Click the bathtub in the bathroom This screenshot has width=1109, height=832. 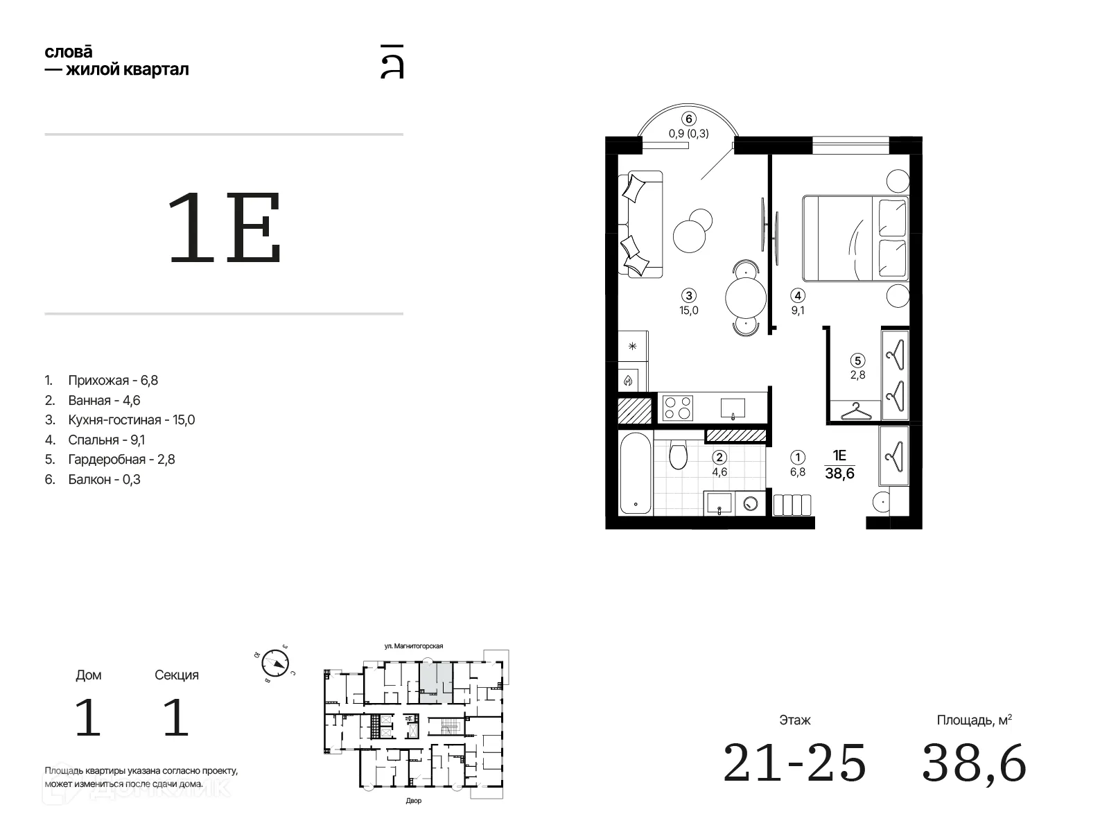tap(635, 473)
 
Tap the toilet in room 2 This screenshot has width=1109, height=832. tap(678, 454)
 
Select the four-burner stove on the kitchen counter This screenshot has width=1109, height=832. tap(677, 408)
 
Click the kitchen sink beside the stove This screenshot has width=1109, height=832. tap(733, 408)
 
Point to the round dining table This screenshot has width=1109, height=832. tap(746, 298)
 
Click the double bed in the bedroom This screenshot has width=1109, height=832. tap(855, 238)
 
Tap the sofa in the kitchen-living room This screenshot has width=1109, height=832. tap(640, 224)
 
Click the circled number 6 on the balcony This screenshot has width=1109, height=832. tap(688, 119)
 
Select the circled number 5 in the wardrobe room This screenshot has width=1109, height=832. tap(857, 361)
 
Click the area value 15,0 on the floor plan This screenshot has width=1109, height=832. tap(689, 310)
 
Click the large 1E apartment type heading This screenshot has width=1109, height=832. tap(225, 228)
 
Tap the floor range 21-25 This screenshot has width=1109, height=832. tap(795, 763)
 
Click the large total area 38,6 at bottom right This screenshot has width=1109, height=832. tap(974, 763)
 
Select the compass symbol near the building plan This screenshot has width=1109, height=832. tap(275, 664)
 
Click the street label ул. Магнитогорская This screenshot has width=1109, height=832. tap(414, 646)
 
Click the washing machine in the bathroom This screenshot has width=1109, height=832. tap(750, 503)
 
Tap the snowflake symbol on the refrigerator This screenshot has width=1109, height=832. tap(633, 347)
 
